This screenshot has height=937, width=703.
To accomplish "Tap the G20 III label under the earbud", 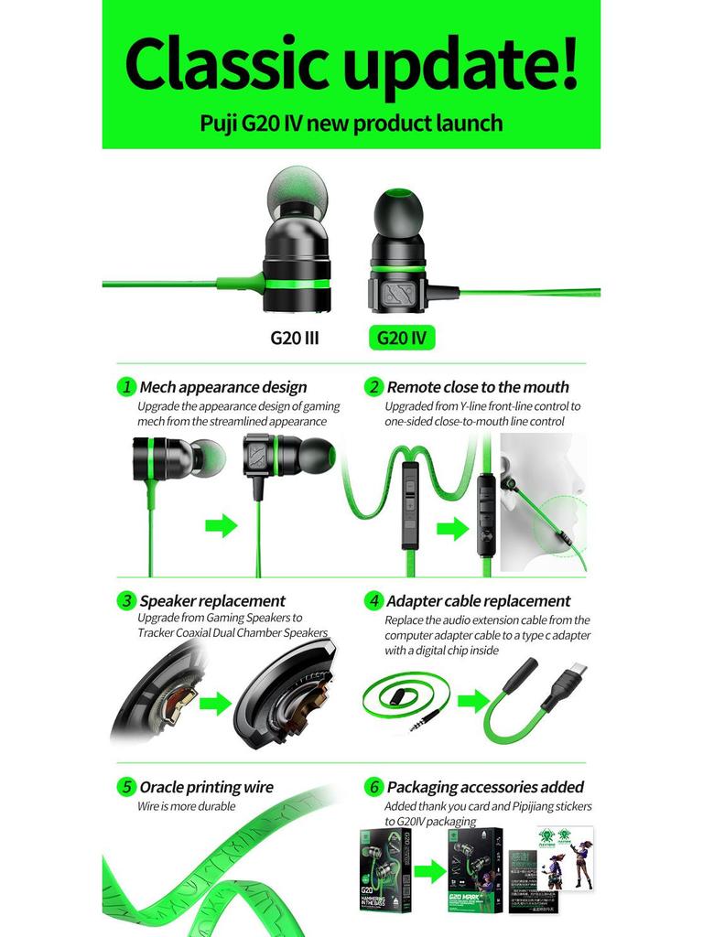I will (x=294, y=338).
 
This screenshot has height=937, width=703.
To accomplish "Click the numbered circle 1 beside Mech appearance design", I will (x=127, y=386).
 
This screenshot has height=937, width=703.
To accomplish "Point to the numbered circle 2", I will (x=373, y=386).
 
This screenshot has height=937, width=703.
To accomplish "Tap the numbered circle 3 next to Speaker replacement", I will (x=127, y=600).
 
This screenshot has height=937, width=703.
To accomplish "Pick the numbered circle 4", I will (x=373, y=600).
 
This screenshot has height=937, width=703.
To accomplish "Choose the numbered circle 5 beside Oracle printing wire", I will (x=127, y=786).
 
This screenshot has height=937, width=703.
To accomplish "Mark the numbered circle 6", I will (x=373, y=786).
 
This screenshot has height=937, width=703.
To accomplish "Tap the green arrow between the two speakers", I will (x=216, y=703).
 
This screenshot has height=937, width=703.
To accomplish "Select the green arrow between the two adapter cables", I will (x=473, y=702).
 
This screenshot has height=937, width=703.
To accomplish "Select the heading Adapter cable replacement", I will (x=478, y=601).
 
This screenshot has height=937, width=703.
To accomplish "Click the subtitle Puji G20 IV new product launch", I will (x=351, y=123).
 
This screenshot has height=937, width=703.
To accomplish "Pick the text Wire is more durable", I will (x=186, y=806).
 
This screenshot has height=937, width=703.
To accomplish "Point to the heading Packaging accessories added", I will (x=484, y=787).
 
